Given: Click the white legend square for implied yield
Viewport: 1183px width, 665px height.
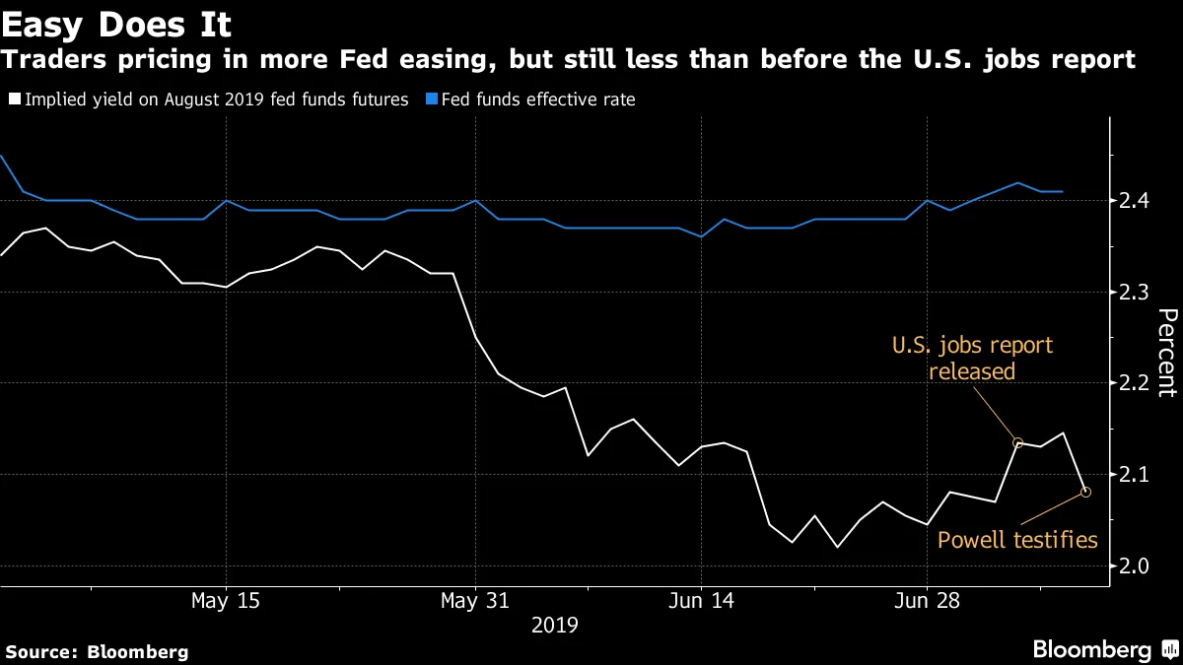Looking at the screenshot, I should pyautogui.click(x=14, y=100).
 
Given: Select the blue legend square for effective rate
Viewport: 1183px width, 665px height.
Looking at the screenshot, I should pyautogui.click(x=431, y=100).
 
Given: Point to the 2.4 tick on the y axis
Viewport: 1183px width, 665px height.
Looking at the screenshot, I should pyautogui.click(x=1141, y=201).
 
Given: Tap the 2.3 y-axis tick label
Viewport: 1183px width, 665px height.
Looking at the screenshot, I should pyautogui.click(x=1141, y=293).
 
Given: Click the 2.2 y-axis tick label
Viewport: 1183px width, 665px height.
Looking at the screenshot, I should pyautogui.click(x=1141, y=383).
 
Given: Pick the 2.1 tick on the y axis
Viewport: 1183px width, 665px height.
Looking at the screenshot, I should pyautogui.click(x=1141, y=475).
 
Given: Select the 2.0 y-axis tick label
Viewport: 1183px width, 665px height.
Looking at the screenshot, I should pyautogui.click(x=1141, y=566).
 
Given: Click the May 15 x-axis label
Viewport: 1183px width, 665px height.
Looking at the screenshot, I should pyautogui.click(x=226, y=600).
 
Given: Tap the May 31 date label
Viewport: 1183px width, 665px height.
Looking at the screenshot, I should pyautogui.click(x=475, y=600).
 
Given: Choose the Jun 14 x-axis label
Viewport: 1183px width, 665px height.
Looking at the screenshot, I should pyautogui.click(x=701, y=600).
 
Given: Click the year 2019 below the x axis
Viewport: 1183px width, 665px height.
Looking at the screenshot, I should pyautogui.click(x=554, y=625).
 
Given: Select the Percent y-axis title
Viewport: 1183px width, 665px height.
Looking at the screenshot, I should pyautogui.click(x=1166, y=352).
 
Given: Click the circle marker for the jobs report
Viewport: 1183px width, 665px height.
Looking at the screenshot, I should pyautogui.click(x=1018, y=443).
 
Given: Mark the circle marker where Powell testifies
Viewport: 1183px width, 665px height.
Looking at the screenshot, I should pyautogui.click(x=1085, y=492).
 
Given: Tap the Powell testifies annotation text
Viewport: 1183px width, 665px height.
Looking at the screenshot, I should pyautogui.click(x=1016, y=539).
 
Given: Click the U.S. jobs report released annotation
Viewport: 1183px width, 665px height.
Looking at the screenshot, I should pyautogui.click(x=972, y=359).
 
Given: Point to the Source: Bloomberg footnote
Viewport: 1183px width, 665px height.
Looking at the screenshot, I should pyautogui.click(x=97, y=651).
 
